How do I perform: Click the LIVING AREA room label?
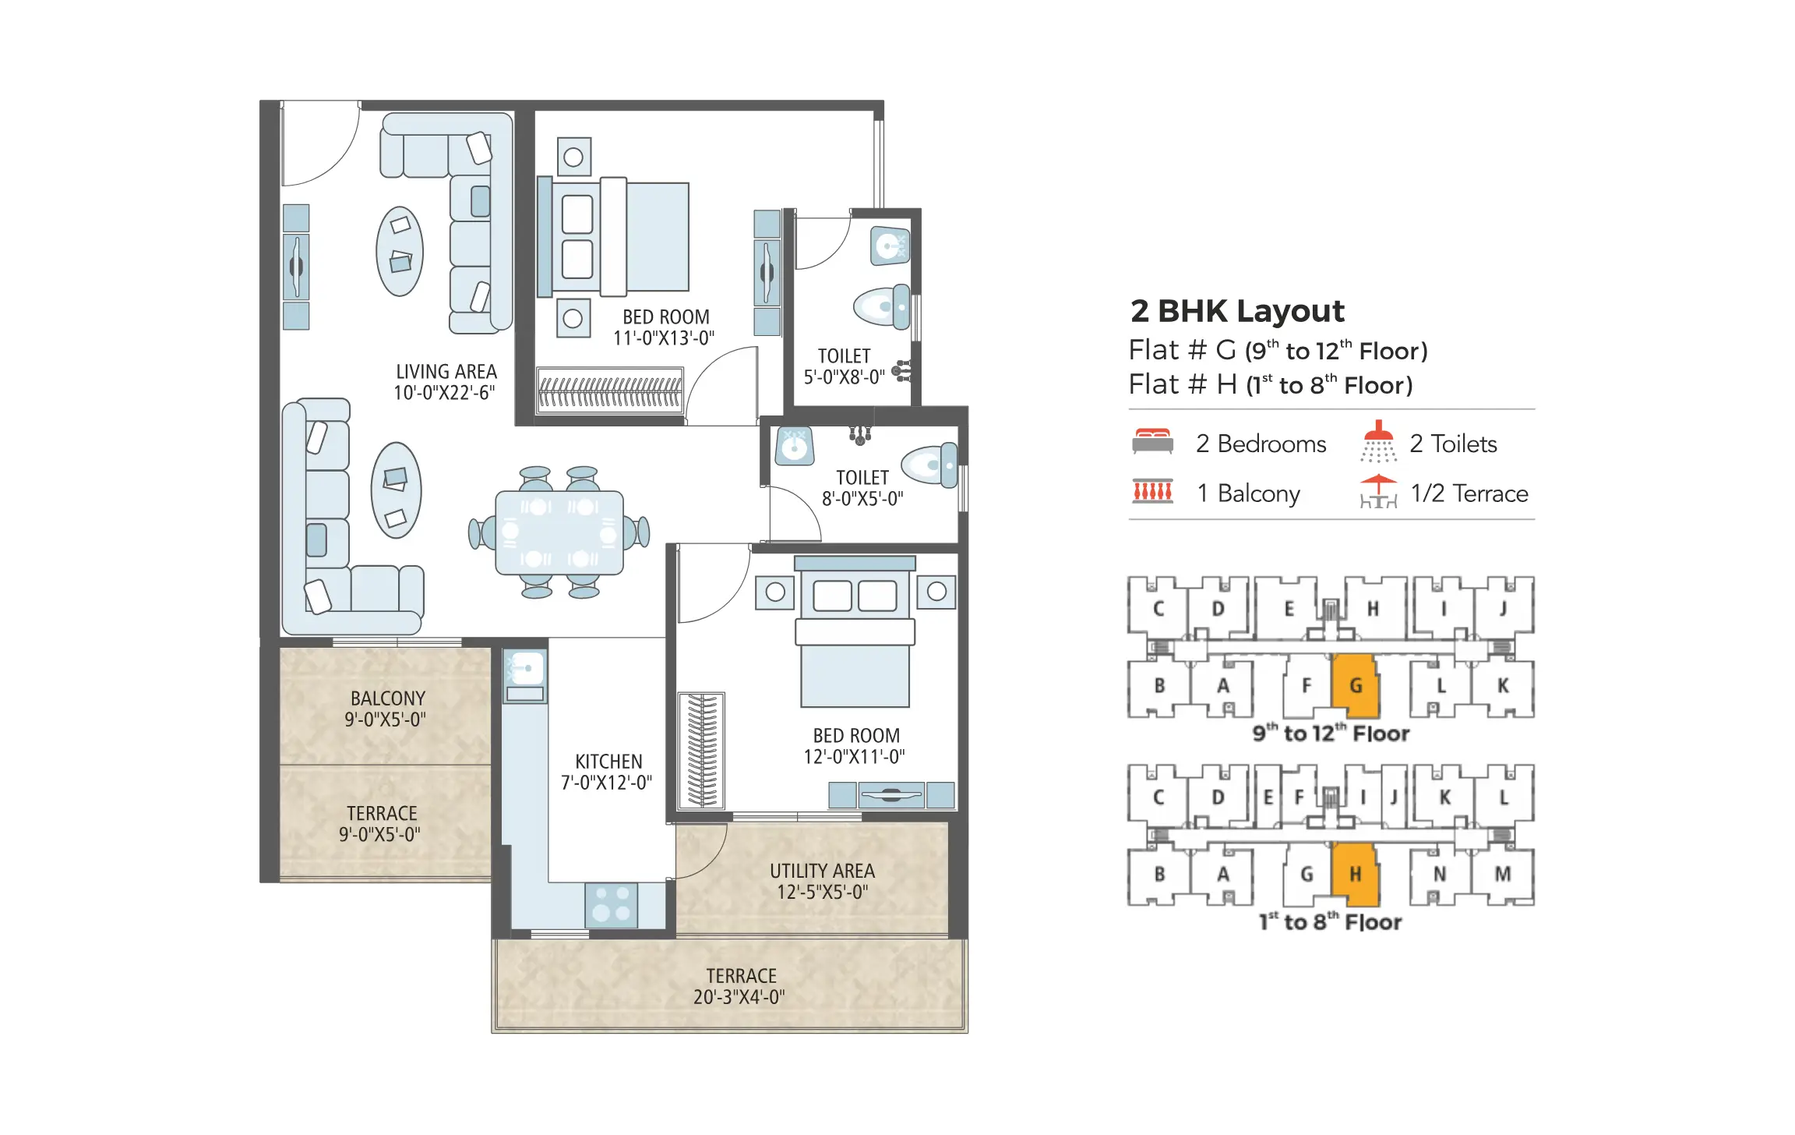click(446, 382)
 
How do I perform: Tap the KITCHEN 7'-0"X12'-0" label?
click(608, 772)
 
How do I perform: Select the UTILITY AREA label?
click(822, 881)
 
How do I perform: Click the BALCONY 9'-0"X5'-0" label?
click(386, 709)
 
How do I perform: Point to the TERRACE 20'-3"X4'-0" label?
click(740, 986)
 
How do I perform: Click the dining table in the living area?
click(559, 532)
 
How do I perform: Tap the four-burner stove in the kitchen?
click(611, 904)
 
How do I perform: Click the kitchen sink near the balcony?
click(525, 669)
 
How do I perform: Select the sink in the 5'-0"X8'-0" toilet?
click(889, 246)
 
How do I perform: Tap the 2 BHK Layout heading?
click(1236, 311)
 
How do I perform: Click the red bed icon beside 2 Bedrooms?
click(1152, 441)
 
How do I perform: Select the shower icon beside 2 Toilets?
click(1377, 442)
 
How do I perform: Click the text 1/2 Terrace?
click(1469, 493)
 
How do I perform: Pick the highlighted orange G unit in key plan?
click(1356, 686)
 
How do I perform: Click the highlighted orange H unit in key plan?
click(1355, 874)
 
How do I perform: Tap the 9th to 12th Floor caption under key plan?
click(1331, 734)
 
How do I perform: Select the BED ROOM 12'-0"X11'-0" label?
click(855, 746)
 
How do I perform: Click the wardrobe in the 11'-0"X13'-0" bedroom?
click(610, 391)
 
